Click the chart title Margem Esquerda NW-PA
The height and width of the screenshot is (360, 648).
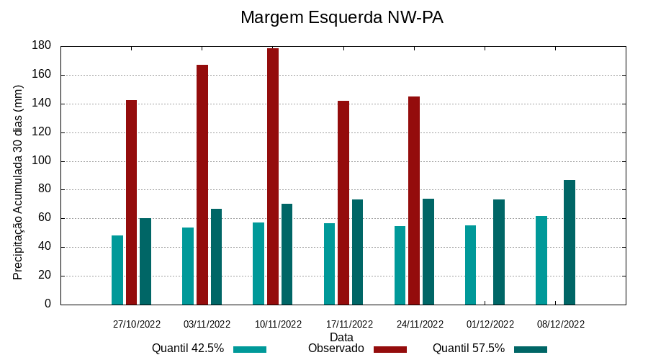[x=341, y=17]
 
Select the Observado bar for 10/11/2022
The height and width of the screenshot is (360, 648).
[x=273, y=176]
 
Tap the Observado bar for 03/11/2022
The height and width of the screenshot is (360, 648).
[x=202, y=184]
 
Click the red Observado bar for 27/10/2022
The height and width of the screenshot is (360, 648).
[x=131, y=202]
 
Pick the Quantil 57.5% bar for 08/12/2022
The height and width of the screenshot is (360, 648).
[x=570, y=242]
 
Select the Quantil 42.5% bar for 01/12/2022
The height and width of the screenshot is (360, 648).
[x=470, y=265]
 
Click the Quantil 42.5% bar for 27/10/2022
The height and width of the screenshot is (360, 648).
[x=117, y=270]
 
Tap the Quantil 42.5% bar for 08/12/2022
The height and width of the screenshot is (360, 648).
[x=541, y=260]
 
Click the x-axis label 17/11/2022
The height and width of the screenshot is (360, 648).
[x=349, y=324]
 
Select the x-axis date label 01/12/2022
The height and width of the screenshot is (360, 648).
[x=490, y=324]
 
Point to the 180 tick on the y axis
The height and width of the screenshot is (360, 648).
[x=42, y=46]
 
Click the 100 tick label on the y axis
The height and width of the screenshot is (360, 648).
[x=42, y=161]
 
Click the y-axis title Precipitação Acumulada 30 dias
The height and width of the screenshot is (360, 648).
[x=19, y=181]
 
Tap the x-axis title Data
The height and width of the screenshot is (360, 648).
[x=341, y=337]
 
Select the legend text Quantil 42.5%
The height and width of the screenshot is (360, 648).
[x=188, y=348]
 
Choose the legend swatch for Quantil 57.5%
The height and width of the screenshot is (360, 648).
[x=531, y=350]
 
